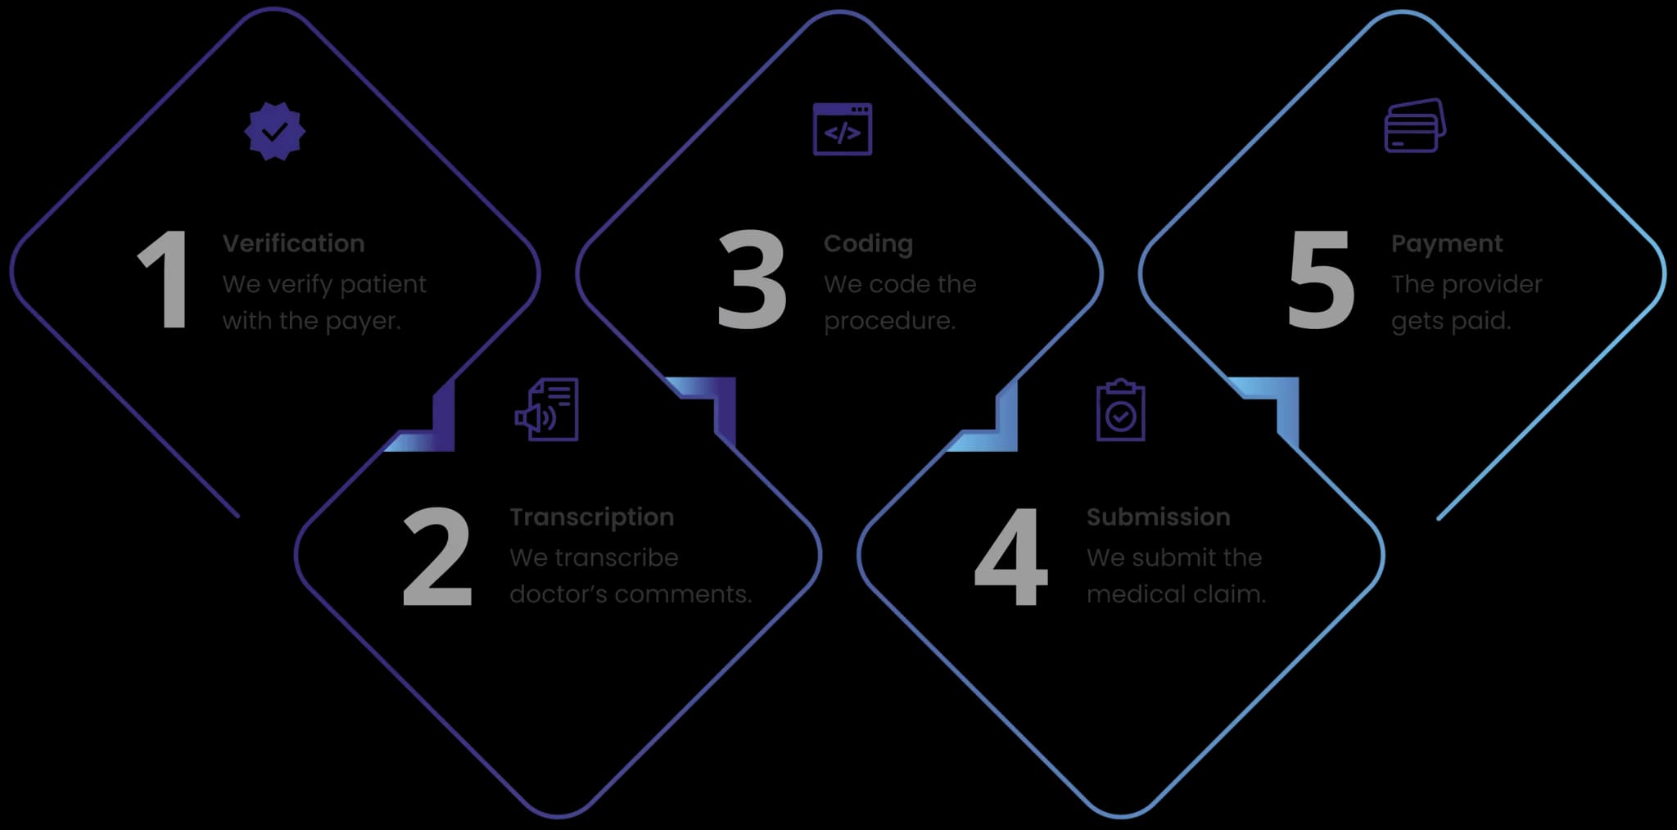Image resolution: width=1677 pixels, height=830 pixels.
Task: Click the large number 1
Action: pyautogui.click(x=165, y=280)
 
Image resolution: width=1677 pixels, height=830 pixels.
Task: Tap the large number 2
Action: pyautogui.click(x=437, y=557)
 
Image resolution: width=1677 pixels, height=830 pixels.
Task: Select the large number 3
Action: pyautogui.click(x=752, y=280)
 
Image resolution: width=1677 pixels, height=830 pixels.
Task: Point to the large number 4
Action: pyautogui.click(x=1010, y=557)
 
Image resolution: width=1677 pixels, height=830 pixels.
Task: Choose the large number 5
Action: pyautogui.click(x=1320, y=280)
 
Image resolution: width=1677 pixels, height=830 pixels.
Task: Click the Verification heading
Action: pyautogui.click(x=293, y=244)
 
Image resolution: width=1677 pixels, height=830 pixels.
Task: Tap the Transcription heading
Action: pyautogui.click(x=591, y=517)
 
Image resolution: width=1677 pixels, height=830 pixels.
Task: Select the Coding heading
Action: pyautogui.click(x=867, y=244)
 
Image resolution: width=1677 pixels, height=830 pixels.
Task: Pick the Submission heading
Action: pyautogui.click(x=1158, y=517)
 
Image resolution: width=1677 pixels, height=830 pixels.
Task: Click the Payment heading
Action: pyautogui.click(x=1446, y=244)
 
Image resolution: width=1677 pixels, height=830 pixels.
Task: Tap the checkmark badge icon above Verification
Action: pyautogui.click(x=275, y=131)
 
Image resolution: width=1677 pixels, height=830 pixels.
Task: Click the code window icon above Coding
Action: pyautogui.click(x=842, y=129)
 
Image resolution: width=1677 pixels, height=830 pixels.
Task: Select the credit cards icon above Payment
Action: pyautogui.click(x=1414, y=126)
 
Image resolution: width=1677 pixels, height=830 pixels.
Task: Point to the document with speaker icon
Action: pyautogui.click(x=547, y=410)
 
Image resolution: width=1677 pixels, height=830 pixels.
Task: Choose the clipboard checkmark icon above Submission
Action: pyautogui.click(x=1120, y=411)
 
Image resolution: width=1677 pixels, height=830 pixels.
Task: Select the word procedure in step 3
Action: pyautogui.click(x=888, y=322)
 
